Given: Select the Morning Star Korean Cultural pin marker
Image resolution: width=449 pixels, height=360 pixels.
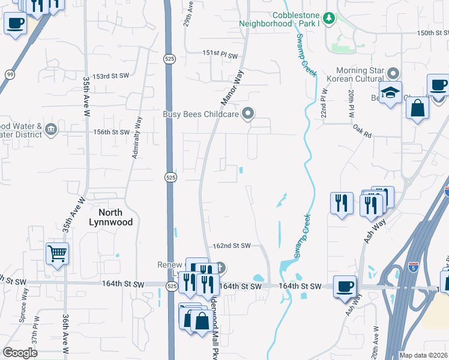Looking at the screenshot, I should click(393, 73).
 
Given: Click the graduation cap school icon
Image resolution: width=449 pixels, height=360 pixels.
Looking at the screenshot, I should click(390, 93).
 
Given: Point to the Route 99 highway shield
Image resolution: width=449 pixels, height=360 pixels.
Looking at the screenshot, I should click(10, 74).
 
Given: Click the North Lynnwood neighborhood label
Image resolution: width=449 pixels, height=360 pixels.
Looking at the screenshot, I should click(110, 217).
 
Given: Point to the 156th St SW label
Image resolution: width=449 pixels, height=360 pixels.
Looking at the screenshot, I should click(112, 132).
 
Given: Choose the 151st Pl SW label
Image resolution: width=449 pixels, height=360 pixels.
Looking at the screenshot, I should click(220, 54).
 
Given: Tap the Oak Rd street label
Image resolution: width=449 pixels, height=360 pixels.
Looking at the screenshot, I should click(362, 131).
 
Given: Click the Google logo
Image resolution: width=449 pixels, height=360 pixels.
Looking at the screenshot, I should click(20, 353).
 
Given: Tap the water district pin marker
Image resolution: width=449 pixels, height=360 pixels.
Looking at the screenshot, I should click(51, 129).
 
